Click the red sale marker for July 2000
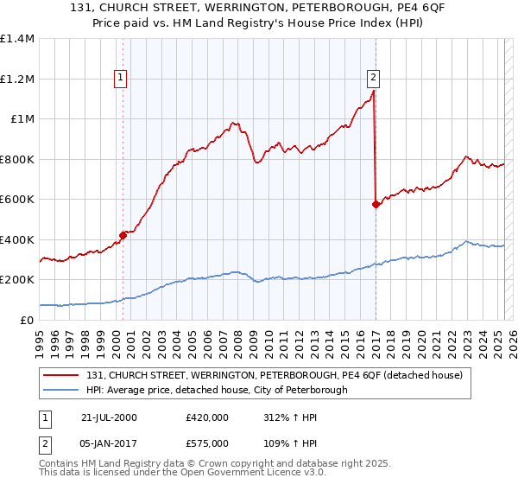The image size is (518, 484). [123, 234]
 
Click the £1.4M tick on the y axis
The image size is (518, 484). [17, 39]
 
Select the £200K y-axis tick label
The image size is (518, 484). [17, 280]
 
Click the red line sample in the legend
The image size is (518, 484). [60, 375]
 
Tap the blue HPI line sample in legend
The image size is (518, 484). [60, 390]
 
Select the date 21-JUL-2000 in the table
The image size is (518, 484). [109, 417]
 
